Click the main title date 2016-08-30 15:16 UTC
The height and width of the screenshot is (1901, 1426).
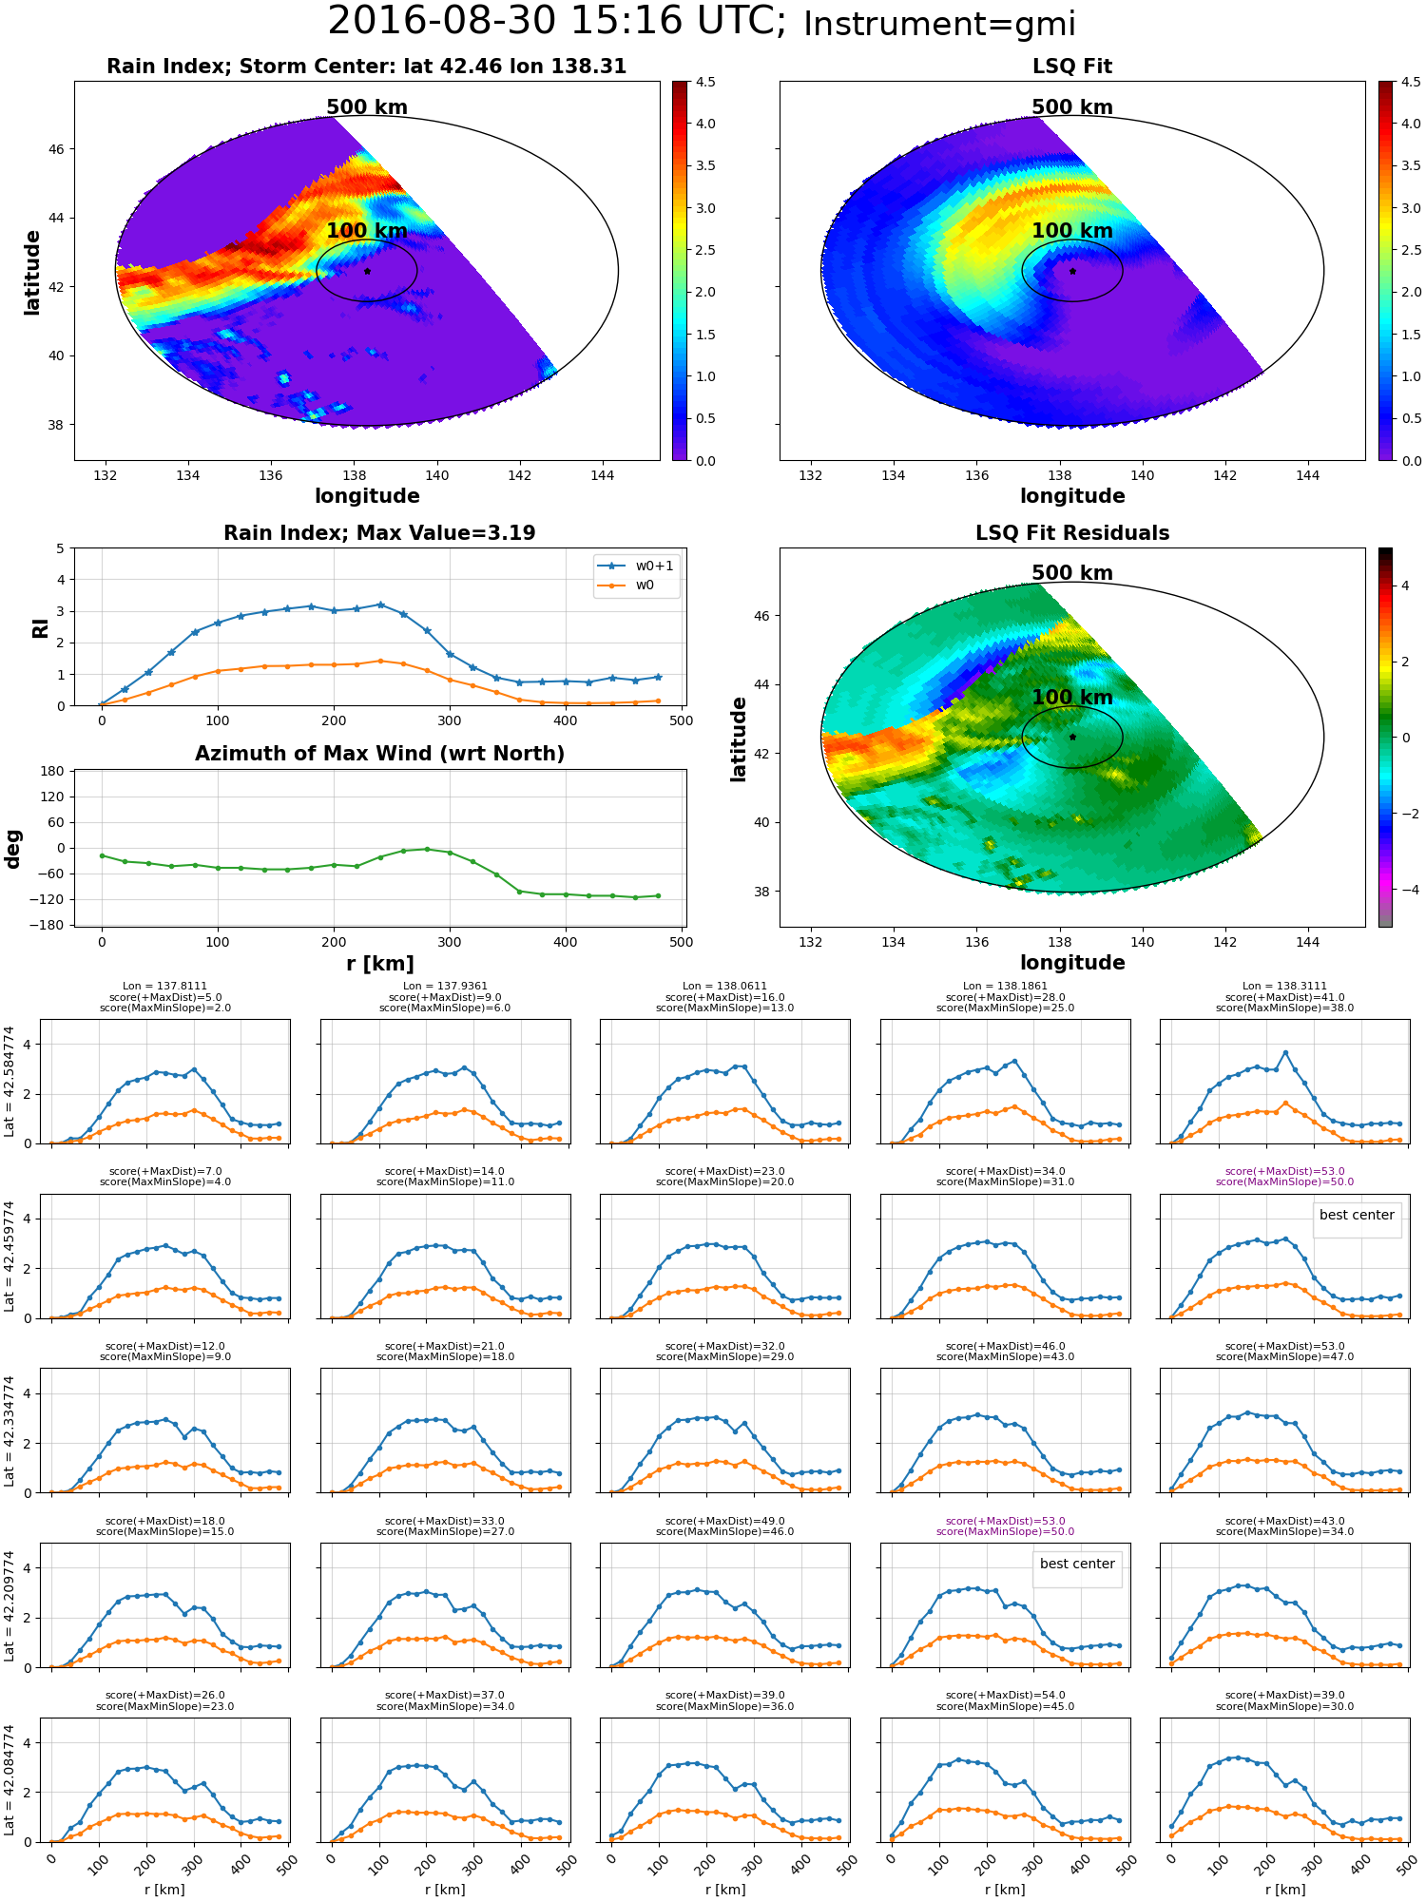tap(557, 21)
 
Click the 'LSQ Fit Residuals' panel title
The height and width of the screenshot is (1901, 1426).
tap(1072, 533)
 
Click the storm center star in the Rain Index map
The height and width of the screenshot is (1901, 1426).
tap(367, 271)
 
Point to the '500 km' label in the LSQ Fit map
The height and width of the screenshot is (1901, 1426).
tap(1072, 107)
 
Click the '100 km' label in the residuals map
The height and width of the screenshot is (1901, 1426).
tap(1072, 698)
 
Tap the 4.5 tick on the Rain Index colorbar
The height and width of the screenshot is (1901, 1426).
tap(705, 83)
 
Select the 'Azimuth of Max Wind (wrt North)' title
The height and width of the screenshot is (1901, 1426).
tap(380, 754)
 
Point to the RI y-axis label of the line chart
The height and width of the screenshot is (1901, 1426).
tap(41, 627)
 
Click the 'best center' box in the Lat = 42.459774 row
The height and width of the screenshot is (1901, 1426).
tap(1357, 1215)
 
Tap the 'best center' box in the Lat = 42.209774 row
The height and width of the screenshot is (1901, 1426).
tap(1077, 1564)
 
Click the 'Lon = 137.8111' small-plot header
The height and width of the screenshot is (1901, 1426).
tap(164, 987)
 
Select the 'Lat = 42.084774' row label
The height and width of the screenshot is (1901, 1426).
tap(10, 1780)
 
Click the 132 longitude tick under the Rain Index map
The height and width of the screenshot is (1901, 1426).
tap(106, 475)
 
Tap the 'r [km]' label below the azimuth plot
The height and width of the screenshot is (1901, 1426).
tap(380, 964)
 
